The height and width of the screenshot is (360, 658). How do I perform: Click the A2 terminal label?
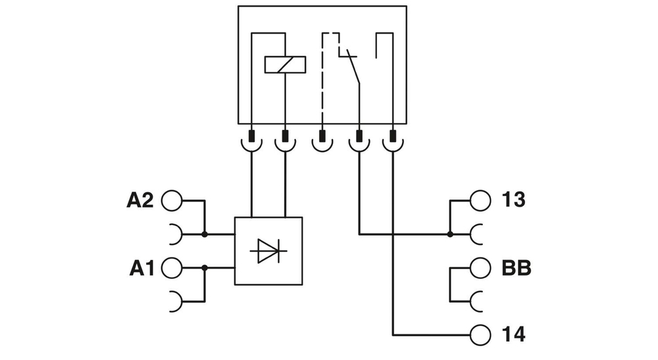tap(139, 201)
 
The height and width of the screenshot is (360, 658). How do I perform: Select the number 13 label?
tap(513, 200)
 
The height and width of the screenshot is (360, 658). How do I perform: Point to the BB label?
tap(516, 269)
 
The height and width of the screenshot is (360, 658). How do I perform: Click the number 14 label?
tap(513, 334)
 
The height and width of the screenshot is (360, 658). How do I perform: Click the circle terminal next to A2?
tap(170, 201)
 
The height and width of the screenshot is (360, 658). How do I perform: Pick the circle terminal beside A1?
tap(170, 268)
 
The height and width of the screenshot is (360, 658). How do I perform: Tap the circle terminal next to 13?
tap(480, 200)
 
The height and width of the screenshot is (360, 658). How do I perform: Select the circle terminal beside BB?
tap(480, 269)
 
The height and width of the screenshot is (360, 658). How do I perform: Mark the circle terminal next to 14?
tap(480, 334)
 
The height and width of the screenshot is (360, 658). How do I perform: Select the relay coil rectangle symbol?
tap(285, 64)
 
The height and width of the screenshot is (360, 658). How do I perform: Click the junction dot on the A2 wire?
tap(205, 234)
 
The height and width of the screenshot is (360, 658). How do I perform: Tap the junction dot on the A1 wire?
tap(205, 268)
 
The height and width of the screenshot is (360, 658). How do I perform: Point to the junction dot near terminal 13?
tap(450, 234)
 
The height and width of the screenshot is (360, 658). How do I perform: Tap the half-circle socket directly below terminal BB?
tap(478, 302)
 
